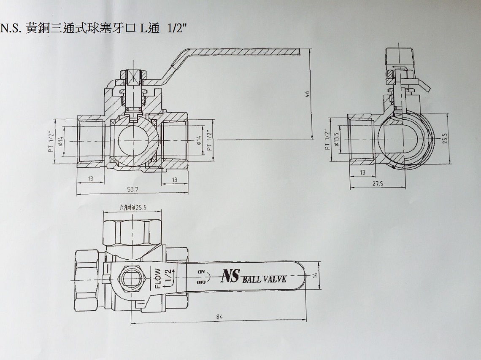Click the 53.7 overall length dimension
click(x=133, y=189)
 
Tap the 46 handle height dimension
click(x=308, y=94)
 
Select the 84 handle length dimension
click(x=219, y=317)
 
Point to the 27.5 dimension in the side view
click(x=378, y=183)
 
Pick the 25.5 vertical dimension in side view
click(x=445, y=138)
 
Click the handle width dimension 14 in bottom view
click(x=315, y=275)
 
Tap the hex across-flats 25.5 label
click(x=133, y=207)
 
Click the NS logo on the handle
click(x=230, y=276)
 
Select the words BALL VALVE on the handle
click(x=265, y=279)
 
